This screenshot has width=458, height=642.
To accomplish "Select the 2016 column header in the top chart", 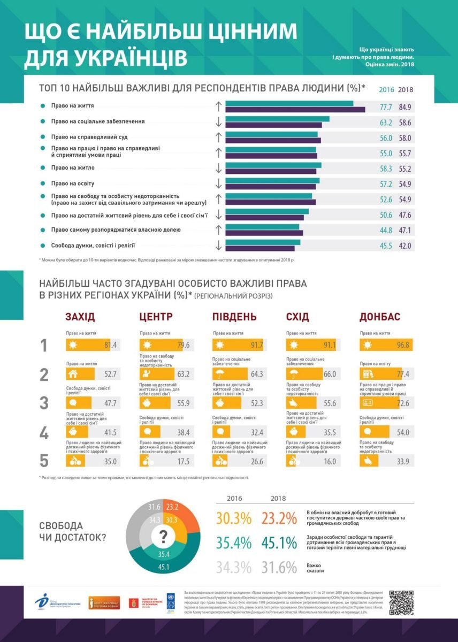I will [386, 90].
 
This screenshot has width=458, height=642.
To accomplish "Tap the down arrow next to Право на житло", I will [218, 169].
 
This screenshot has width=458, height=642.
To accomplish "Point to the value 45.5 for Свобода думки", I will [386, 246].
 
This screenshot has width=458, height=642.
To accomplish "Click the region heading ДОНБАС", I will [379, 317].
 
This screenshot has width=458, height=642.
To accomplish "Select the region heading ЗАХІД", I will [80, 317].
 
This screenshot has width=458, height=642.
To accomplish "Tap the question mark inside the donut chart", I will [164, 536].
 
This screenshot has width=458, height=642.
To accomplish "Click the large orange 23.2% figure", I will [279, 519].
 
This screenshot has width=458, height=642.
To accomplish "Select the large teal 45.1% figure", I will [279, 543].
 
